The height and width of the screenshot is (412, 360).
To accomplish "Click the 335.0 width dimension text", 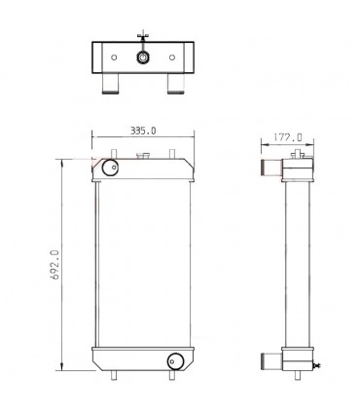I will point(143,130).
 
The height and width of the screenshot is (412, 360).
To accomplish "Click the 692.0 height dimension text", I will point(55,264).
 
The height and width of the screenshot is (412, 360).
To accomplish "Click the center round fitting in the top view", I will point(143,57).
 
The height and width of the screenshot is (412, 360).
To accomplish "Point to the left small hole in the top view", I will point(115,57).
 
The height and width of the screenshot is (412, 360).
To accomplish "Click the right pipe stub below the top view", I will point(176,89).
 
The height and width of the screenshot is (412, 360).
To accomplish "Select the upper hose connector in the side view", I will point(270,171).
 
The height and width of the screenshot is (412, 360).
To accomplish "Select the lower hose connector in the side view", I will point(270,361).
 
